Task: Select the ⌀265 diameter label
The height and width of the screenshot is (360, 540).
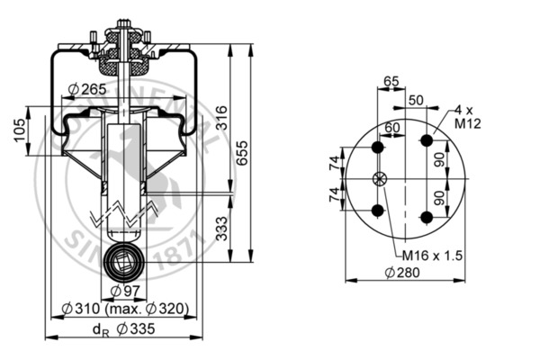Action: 86,88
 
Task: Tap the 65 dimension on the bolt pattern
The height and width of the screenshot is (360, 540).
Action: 390,81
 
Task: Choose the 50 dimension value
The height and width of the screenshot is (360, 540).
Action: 416,99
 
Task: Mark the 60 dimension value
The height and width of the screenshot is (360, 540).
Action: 391,127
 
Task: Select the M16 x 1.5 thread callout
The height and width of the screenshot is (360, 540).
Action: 431,255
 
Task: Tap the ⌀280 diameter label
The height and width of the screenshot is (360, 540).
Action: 401,273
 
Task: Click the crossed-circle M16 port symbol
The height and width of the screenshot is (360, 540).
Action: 379,178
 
